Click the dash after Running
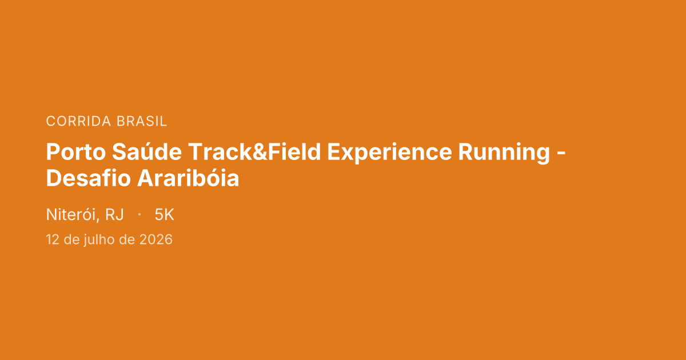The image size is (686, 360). [561, 153]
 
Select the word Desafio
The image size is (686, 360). [87, 179]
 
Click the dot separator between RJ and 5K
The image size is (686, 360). [139, 215]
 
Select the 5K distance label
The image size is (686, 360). [164, 215]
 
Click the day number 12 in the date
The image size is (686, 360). [53, 239]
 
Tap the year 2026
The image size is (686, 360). [155, 239]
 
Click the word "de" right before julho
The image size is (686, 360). [71, 239]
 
